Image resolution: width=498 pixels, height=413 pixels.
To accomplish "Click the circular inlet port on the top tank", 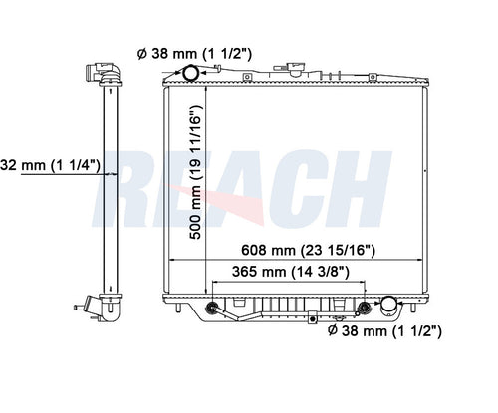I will coord(189,75).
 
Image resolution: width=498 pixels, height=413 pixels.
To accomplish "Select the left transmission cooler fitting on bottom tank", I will coord(211,306).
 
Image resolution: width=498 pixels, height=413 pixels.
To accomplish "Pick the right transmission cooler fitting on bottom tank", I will coord(364,306).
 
